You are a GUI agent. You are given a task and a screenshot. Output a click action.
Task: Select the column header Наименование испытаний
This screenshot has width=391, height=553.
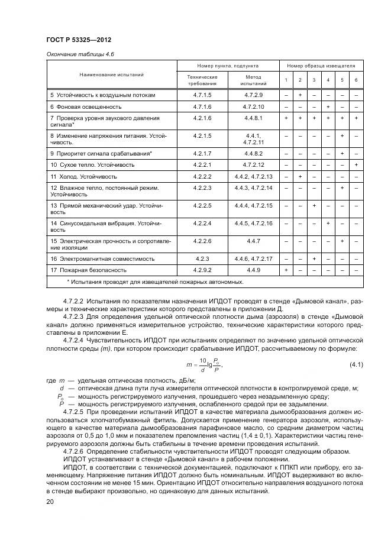click(x=112, y=75)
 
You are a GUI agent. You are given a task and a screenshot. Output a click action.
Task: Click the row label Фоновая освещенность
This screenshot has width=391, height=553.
click(x=86, y=106)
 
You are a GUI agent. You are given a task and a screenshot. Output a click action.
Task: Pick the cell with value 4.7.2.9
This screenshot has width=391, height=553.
click(x=253, y=95)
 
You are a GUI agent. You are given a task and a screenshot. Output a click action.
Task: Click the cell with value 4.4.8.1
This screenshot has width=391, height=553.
click(x=253, y=118)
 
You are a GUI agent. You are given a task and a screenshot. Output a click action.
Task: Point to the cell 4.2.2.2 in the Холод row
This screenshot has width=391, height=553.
click(x=202, y=176)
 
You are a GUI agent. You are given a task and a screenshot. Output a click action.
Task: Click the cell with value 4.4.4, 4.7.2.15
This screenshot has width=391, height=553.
click(x=253, y=206)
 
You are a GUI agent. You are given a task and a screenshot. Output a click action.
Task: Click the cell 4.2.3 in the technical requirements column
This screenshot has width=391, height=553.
click(x=202, y=258)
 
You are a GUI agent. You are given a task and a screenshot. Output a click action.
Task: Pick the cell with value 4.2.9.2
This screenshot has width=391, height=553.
click(x=202, y=270)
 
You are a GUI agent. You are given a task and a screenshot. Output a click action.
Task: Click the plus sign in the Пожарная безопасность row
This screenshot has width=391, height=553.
click(x=286, y=270)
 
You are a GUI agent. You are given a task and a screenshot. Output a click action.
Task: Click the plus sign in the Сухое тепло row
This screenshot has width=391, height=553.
click(x=356, y=164)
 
